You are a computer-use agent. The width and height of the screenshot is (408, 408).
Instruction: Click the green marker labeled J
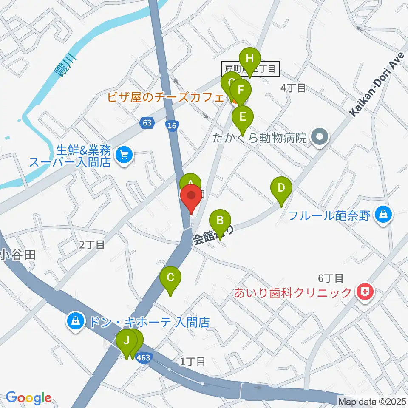(126, 340)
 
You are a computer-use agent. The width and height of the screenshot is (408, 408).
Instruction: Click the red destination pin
(191, 199)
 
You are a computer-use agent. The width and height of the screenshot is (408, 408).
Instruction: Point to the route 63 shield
(147, 123)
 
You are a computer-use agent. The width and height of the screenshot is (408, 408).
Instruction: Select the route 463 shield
(144, 357)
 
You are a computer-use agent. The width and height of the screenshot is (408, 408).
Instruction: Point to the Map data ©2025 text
(371, 401)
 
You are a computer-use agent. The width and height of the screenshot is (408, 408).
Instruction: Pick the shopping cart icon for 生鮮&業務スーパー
(124, 153)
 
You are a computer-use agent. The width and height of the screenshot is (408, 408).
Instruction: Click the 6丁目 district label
(330, 278)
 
